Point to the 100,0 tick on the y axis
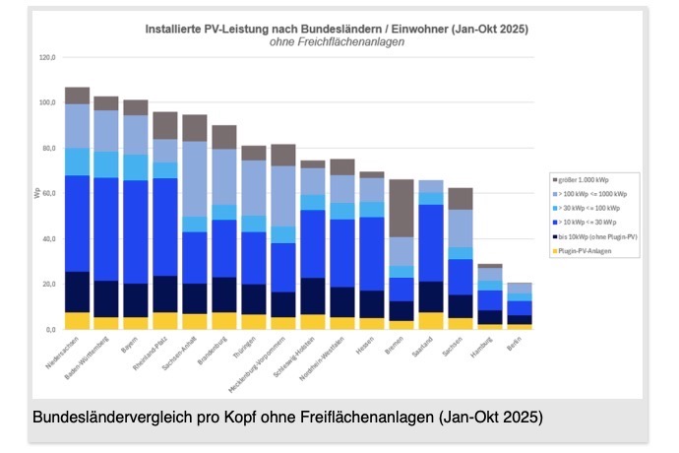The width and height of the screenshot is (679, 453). click(47, 102)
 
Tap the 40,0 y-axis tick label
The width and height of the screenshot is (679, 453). click(47, 238)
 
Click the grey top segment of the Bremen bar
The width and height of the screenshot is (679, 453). click(401, 208)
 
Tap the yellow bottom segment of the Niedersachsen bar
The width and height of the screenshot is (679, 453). click(78, 320)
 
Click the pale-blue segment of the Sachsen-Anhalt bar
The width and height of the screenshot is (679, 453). click(195, 178)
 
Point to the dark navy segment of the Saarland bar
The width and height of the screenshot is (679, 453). click(430, 296)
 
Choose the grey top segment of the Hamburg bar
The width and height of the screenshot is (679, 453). click(490, 266)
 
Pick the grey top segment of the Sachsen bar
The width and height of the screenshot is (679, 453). click(460, 198)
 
